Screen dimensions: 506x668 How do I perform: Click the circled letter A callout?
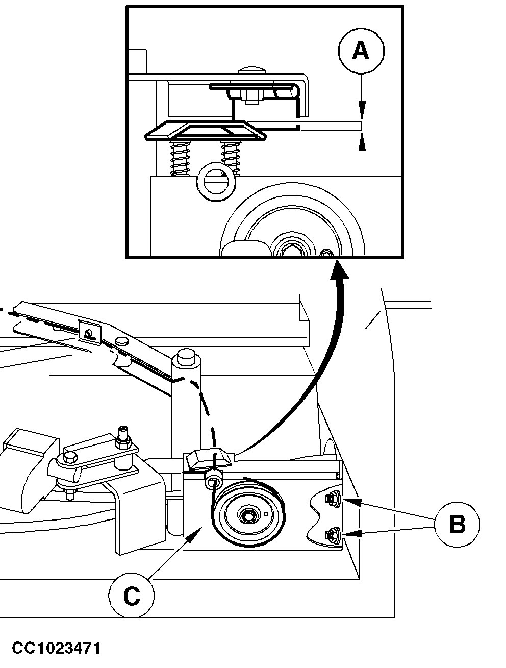(361, 51)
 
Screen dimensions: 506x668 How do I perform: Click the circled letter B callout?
(457, 525)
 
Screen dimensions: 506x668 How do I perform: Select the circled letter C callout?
(132, 596)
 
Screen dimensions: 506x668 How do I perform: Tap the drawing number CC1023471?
(56, 648)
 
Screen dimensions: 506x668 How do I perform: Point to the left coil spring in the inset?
(180, 158)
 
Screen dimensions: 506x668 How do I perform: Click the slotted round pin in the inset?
(216, 182)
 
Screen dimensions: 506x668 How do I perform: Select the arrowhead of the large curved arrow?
(339, 269)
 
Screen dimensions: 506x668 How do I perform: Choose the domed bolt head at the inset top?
(252, 70)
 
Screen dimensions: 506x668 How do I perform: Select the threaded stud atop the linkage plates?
(123, 434)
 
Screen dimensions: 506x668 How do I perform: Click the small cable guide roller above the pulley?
(213, 480)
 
